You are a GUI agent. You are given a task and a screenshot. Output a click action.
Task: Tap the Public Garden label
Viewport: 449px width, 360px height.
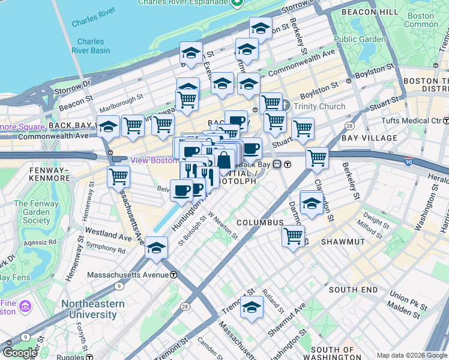[x=360, y=40]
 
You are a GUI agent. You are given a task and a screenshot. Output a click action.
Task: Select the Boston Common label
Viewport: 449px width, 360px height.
[x=421, y=20]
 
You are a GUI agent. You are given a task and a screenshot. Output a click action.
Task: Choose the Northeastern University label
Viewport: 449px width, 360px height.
[x=92, y=309]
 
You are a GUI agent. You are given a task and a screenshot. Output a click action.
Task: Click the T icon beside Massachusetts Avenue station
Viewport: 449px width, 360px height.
[x=173, y=275]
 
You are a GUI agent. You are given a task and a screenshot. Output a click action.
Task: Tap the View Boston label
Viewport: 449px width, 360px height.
[x=152, y=160]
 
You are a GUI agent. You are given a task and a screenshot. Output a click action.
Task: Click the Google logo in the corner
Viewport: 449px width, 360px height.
[x=20, y=353]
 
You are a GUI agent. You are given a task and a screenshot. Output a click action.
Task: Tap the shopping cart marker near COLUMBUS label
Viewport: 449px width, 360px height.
[x=293, y=235]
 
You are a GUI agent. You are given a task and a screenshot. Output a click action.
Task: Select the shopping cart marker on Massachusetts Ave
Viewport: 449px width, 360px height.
[x=119, y=176]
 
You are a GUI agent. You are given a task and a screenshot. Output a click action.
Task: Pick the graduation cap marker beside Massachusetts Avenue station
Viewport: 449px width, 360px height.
[x=156, y=247]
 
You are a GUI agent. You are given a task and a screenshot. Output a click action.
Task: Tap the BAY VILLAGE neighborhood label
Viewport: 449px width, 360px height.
[x=369, y=138]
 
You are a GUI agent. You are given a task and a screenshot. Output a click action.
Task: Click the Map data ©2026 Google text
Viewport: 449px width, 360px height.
[x=411, y=355]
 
